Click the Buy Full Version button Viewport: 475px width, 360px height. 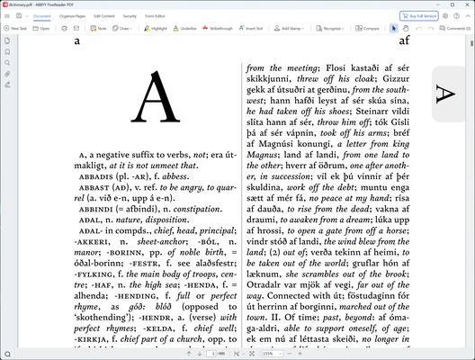click(422, 16)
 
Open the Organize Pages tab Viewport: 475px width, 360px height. click(72, 16)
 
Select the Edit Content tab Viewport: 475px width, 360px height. click(103, 16)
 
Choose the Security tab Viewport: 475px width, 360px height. click(130, 16)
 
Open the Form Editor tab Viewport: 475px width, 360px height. click(157, 16)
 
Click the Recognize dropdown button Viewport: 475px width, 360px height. click(331, 29)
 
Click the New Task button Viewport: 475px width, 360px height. click(14, 29)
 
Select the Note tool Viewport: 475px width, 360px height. click(98, 29)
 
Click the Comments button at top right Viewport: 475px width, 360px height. click(455, 29)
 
